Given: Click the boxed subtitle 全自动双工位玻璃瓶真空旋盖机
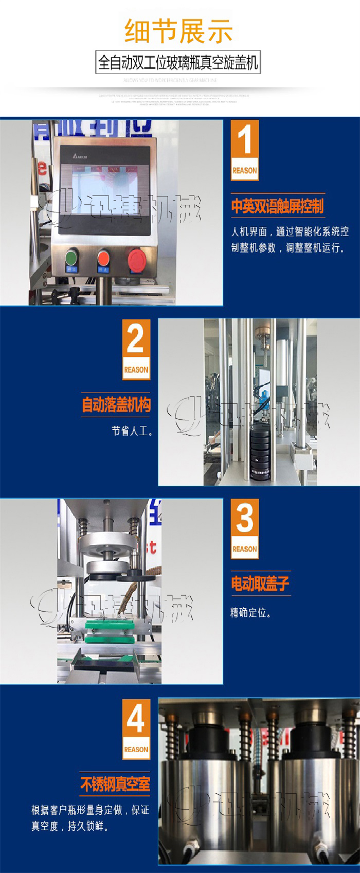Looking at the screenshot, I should click(178, 64).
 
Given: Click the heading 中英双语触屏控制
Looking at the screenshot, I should click(277, 206).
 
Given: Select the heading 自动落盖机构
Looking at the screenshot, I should click(116, 405).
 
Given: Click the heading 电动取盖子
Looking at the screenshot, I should click(260, 583).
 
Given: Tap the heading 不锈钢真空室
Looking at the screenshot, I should click(115, 785).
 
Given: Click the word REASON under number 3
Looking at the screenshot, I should click(244, 549).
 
